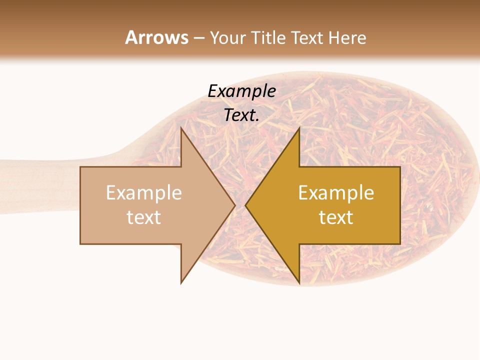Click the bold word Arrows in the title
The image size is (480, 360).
(x=157, y=37)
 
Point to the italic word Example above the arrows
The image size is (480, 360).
(x=241, y=91)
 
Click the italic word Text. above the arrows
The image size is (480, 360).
(x=241, y=115)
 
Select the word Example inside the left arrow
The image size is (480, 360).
(x=144, y=193)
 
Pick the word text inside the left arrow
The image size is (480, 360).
(x=144, y=217)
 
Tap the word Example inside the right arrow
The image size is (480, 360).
(x=336, y=193)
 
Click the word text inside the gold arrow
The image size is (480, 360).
(x=336, y=217)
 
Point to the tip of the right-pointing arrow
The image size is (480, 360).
(x=235, y=205)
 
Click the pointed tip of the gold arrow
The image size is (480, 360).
(x=245, y=205)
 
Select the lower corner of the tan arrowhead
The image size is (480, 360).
(x=181, y=283)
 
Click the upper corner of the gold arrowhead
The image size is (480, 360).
(x=299, y=128)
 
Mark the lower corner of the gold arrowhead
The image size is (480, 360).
(x=299, y=284)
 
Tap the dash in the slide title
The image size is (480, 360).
(x=199, y=38)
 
